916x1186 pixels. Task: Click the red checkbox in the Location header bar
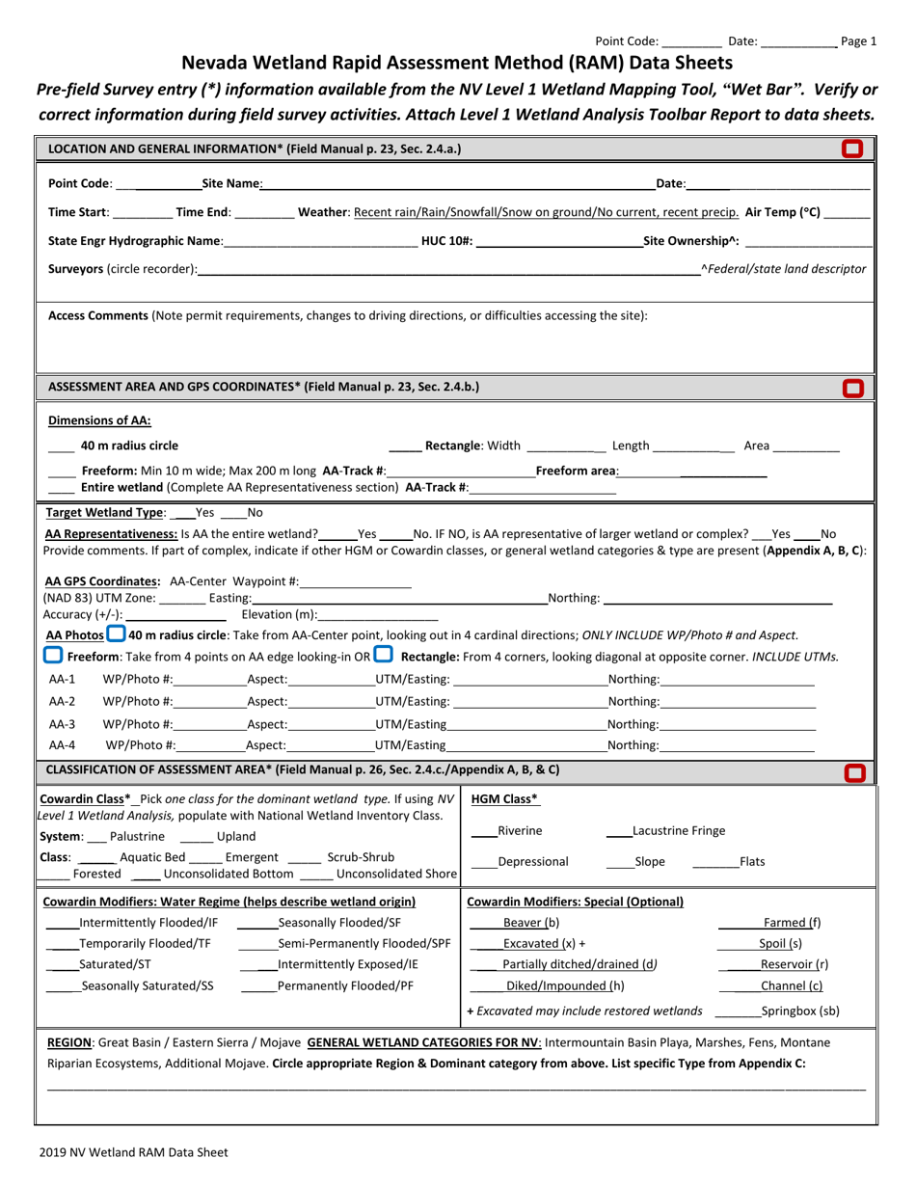tap(851, 148)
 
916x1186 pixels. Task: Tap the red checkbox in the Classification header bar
tap(854, 772)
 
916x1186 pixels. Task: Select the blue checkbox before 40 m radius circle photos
tap(116, 634)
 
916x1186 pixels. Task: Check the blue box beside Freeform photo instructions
tap(54, 656)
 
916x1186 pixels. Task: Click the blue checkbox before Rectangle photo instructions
tap(383, 656)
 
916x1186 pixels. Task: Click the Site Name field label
tap(231, 183)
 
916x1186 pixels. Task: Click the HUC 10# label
tap(447, 241)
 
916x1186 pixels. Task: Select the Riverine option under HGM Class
tap(520, 831)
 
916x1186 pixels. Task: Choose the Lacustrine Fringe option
tap(679, 831)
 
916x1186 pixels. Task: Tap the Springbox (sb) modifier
tap(800, 1011)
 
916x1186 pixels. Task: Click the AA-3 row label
tap(62, 724)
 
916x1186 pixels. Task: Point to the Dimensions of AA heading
tap(99, 420)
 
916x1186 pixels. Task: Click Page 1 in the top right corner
tap(859, 41)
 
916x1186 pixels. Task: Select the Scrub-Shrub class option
tap(361, 856)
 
